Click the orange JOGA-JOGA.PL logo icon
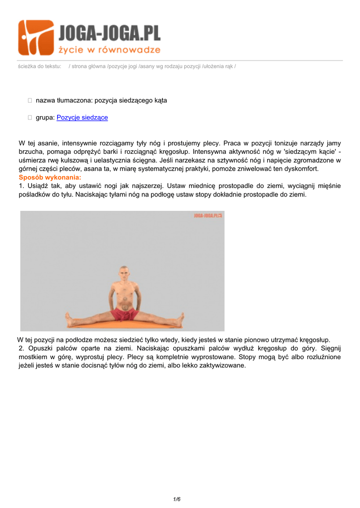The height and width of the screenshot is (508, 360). [36, 38]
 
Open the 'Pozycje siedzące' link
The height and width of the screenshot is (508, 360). [82, 118]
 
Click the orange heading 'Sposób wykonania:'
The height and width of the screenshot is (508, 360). [50, 177]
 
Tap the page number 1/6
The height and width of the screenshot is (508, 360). [177, 499]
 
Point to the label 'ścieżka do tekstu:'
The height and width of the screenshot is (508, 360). [39, 66]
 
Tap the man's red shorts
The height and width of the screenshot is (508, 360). [124, 314]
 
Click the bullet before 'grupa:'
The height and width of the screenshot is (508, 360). [30, 118]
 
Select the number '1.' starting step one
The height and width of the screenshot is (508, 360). [21, 186]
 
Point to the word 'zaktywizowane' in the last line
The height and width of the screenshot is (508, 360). [221, 366]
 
